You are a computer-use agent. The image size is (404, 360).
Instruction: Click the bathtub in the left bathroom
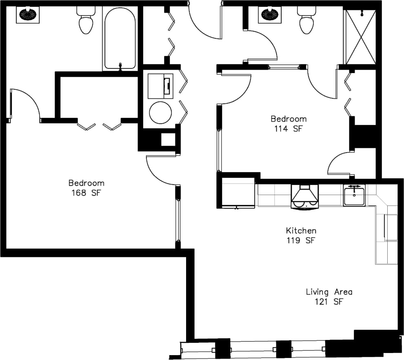pyautogui.click(x=120, y=39)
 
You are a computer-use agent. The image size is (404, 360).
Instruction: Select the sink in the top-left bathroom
pyautogui.click(x=28, y=15)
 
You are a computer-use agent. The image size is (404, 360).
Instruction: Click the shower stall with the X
pyautogui.click(x=361, y=37)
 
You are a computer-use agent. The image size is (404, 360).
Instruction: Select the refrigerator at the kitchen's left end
pyautogui.click(x=238, y=193)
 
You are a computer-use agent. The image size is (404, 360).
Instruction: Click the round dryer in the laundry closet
pyautogui.click(x=160, y=112)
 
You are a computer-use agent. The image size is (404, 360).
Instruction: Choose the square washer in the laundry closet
pyautogui.click(x=160, y=86)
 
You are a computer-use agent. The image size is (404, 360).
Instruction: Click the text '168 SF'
pyautogui.click(x=86, y=193)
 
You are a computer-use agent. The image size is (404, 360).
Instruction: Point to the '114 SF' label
pyautogui.click(x=288, y=129)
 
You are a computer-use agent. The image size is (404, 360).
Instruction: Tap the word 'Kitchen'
pyautogui.click(x=301, y=231)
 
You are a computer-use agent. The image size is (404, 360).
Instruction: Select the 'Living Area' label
pyautogui.click(x=329, y=292)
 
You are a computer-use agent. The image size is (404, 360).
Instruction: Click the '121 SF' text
pyautogui.click(x=329, y=302)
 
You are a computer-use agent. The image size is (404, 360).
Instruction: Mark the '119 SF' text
pyautogui.click(x=301, y=240)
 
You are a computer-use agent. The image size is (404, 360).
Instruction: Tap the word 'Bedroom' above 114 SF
pyautogui.click(x=289, y=119)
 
